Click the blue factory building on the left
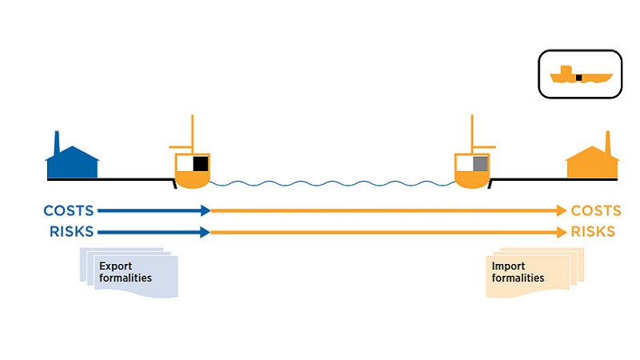[73, 163]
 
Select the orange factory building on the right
[593, 163]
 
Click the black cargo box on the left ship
[200, 165]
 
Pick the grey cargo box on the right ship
[480, 165]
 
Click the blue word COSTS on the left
[69, 211]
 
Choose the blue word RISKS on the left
[71, 232]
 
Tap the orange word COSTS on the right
[595, 211]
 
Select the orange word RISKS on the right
[593, 232]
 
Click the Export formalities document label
[126, 272]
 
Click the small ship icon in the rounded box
[581, 77]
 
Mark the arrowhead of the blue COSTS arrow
[205, 211]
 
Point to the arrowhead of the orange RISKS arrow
[561, 232]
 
